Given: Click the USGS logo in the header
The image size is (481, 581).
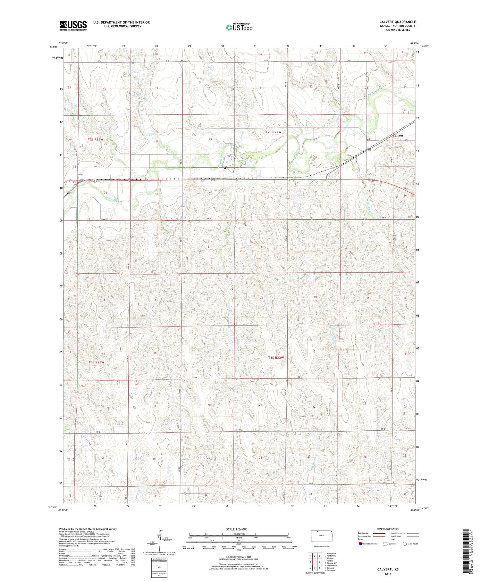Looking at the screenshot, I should pyautogui.click(x=73, y=26).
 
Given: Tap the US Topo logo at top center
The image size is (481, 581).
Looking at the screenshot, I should pyautogui.click(x=239, y=27).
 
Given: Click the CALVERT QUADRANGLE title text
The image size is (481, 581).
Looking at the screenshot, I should pyautogui.click(x=397, y=22).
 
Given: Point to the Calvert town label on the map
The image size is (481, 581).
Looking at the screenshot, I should pyautogui.click(x=398, y=136).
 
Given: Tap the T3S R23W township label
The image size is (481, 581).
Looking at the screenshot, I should pyautogui.click(x=96, y=362).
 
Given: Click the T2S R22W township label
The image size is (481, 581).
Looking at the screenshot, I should pyautogui.click(x=273, y=132).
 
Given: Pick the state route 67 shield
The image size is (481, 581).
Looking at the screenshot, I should pyautogui.click(x=234, y=157).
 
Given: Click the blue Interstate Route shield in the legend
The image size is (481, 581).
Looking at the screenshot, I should pyautogui.click(x=360, y=544).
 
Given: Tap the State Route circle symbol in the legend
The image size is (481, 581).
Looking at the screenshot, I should pyautogui.click(x=405, y=544).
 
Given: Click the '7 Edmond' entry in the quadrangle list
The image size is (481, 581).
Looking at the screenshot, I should pyautogui.click(x=329, y=568).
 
